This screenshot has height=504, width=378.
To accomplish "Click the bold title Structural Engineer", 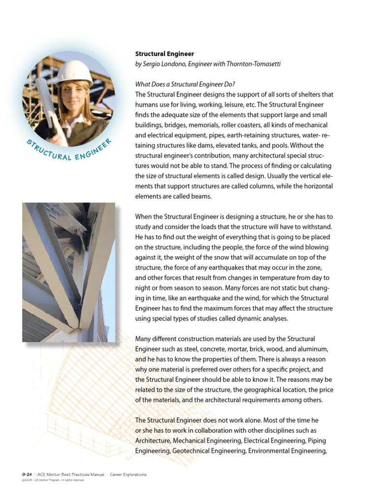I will [164, 54].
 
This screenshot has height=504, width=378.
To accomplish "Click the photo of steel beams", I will [68, 272].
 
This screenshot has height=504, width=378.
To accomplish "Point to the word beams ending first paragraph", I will [202, 196].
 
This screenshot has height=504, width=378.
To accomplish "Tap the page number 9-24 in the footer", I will [27, 474].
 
